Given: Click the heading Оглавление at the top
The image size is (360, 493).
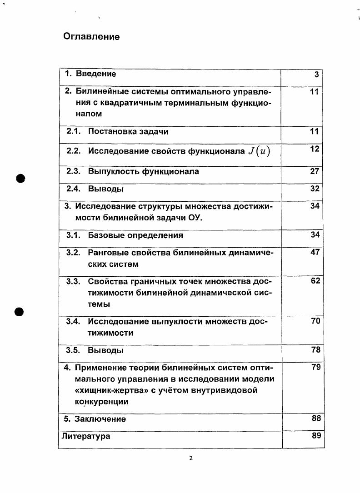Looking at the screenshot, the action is click(91, 37).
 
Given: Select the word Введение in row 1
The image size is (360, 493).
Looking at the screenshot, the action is click(96, 74).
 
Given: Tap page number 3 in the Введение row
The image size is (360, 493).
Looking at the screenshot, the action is click(316, 75).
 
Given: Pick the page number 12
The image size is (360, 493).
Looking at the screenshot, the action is click(315, 149).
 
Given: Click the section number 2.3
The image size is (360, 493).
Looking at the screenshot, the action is click(73, 172).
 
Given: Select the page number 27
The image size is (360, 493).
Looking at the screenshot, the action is click(315, 172).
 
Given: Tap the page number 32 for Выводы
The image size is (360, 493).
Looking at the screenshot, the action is click(315, 189).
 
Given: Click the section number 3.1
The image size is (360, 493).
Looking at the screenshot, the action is click(73, 235).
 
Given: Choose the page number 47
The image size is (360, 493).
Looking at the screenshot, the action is click(315, 252).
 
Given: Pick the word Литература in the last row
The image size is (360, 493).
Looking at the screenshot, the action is click(85, 436).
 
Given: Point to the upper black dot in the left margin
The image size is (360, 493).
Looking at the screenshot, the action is click(20, 178).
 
